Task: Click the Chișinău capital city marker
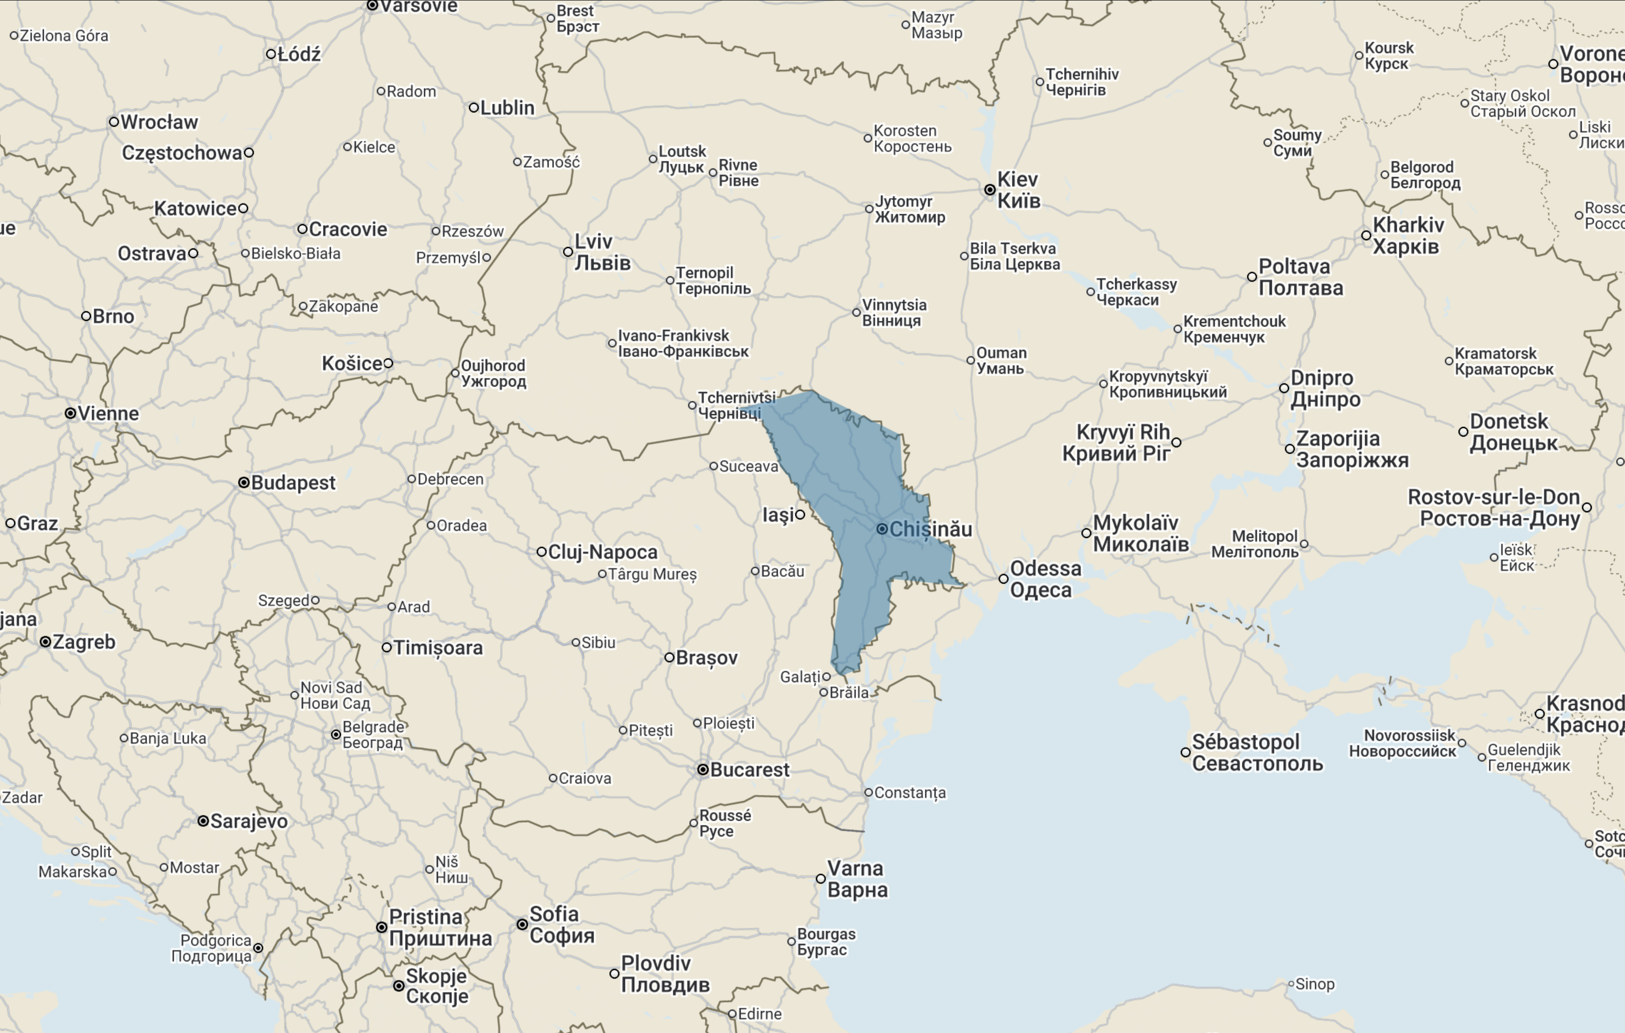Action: (882, 529)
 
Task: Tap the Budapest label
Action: (293, 483)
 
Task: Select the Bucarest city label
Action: (749, 770)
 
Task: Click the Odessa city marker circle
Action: (1003, 579)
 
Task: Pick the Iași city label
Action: (778, 515)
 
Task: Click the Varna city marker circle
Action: (821, 878)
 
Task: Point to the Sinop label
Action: (1315, 984)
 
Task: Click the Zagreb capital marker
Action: (45, 642)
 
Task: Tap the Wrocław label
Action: (159, 122)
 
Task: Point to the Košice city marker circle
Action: (389, 364)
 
